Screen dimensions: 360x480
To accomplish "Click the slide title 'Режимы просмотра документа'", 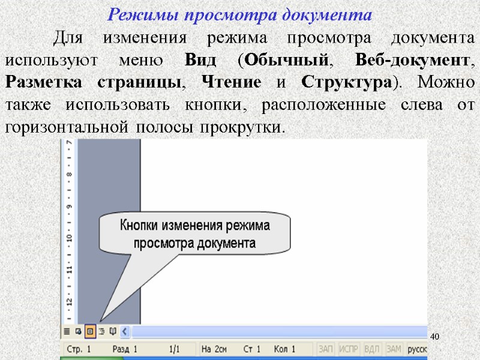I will point(239,14).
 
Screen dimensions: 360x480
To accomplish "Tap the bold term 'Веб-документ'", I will point(411,61).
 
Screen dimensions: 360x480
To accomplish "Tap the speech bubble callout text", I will point(195,235).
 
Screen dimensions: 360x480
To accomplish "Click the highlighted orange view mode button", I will point(89,331).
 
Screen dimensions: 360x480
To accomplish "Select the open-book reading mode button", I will point(112,331).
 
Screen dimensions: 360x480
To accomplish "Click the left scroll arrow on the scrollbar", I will point(125,331).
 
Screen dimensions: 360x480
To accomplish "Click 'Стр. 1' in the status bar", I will point(79,349).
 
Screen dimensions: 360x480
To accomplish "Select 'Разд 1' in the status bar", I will point(125,349).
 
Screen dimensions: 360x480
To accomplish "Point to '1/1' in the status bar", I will point(175,349).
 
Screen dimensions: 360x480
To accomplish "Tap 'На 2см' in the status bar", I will point(214,349).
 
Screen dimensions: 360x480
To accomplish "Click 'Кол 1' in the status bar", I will point(284,349).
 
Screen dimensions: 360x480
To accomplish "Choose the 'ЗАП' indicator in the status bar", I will point(326,349).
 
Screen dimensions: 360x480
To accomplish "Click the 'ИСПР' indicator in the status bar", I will point(349,349).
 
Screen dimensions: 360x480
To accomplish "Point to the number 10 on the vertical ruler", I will point(70,238).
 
